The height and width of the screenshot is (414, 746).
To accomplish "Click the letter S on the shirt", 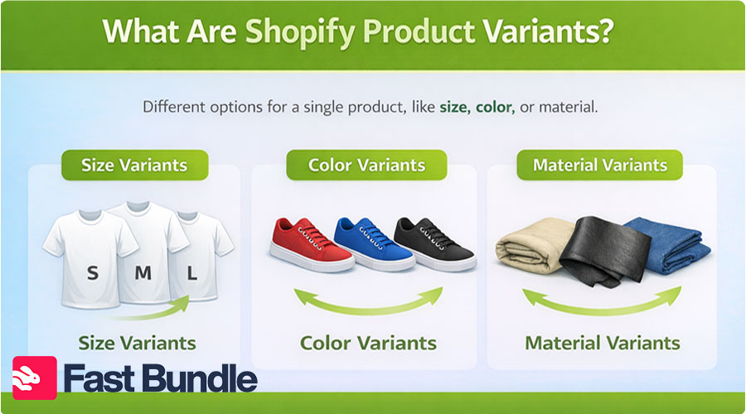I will tap(92, 272).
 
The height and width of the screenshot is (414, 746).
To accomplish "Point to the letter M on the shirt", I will tap(143, 272).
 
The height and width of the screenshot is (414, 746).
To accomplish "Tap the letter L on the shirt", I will tap(192, 272).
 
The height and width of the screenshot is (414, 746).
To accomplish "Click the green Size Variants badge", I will tap(133, 165).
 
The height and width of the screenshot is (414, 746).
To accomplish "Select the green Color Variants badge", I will tap(366, 165).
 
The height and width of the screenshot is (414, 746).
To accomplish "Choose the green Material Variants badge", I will tap(599, 165).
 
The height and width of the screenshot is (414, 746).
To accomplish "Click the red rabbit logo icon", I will tap(35, 378).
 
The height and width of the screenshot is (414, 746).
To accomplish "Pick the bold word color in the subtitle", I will tap(495, 107).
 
